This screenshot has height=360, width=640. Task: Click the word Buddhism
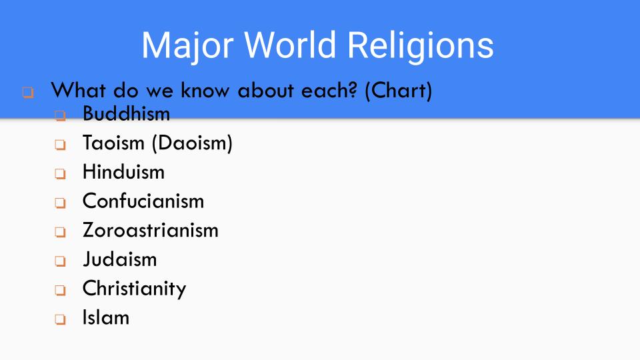[x=126, y=114]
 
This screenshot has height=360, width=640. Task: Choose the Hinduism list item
[x=123, y=172]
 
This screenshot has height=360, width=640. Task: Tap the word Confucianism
[x=143, y=201]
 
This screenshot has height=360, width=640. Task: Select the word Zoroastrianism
[x=150, y=230]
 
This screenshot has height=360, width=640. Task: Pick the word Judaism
[x=119, y=259]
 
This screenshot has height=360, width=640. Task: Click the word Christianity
[x=134, y=289]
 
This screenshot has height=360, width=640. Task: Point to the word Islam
[x=105, y=317]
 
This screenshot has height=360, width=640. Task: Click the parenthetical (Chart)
[x=399, y=91]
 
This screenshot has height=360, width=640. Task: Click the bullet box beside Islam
[x=61, y=319]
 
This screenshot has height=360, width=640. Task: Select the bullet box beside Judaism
[x=61, y=261]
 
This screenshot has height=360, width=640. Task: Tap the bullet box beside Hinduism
[x=61, y=174]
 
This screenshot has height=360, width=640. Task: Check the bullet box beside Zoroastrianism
[x=61, y=232]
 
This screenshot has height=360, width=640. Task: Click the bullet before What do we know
[x=27, y=92]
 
